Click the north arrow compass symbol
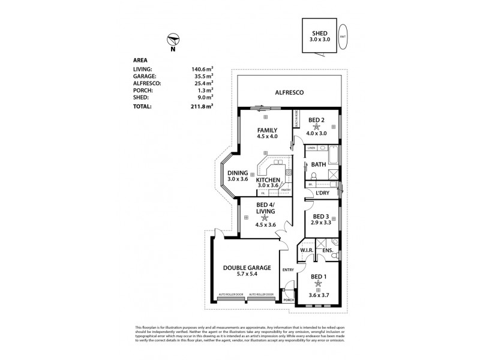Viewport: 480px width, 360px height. [173, 40]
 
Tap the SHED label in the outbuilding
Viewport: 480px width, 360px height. [319, 34]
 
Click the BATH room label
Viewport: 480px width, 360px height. [318, 164]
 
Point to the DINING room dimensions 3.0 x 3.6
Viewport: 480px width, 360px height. [238, 179]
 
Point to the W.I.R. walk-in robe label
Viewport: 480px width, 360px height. [307, 250]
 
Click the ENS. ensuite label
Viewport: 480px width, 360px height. [328, 250]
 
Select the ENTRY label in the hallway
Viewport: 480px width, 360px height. [288, 270]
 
